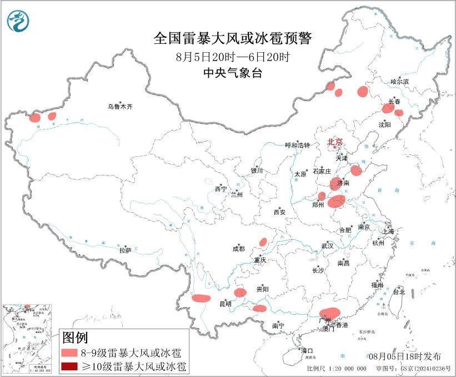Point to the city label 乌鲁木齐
[x=121, y=107]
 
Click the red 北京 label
[x=335, y=142]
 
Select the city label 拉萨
[x=125, y=250]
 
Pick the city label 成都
[x=239, y=249]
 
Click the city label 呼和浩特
[x=300, y=145]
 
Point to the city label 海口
[x=307, y=350]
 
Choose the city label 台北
[x=398, y=291]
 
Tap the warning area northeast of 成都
[x=263, y=242]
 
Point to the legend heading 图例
[x=74, y=338]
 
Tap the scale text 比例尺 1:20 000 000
[x=336, y=369]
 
